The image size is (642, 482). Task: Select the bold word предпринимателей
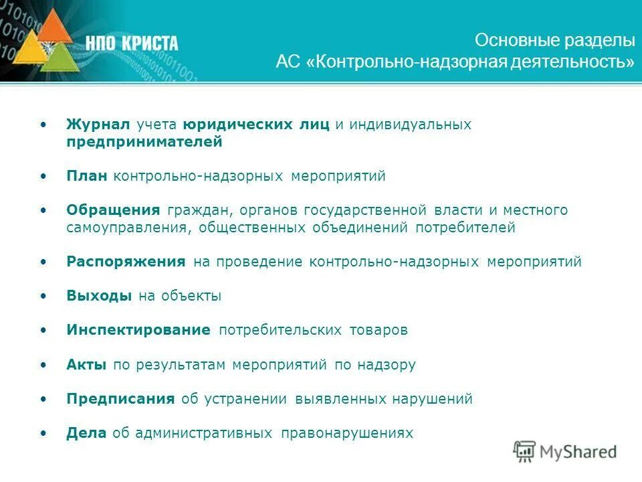(x=144, y=142)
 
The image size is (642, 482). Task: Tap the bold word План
(x=87, y=176)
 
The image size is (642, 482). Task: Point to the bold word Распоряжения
(x=126, y=262)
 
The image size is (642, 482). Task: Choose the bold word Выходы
(x=99, y=296)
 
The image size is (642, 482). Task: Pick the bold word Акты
(x=86, y=365)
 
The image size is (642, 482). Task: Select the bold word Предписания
(x=120, y=399)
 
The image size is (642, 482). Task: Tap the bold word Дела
(x=86, y=433)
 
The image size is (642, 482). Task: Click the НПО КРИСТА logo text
(x=132, y=44)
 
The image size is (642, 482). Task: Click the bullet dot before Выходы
(x=43, y=296)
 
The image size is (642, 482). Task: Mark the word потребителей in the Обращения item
(x=465, y=228)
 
